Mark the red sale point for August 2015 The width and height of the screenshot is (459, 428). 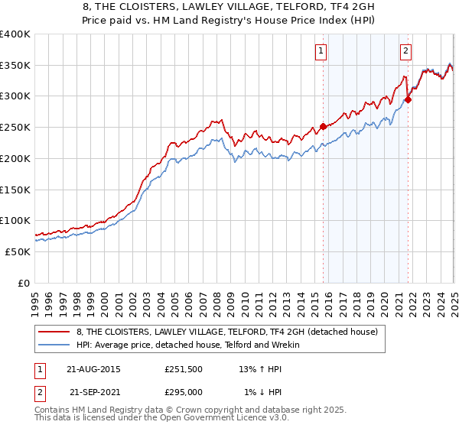(323, 126)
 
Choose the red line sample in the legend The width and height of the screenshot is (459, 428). (54, 332)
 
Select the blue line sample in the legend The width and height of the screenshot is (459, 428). (54, 345)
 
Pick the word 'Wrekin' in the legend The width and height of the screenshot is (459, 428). (291, 345)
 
